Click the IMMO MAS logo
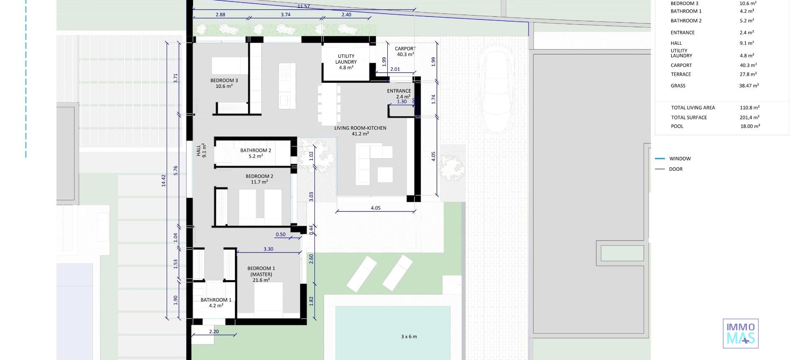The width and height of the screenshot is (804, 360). [x=740, y=334]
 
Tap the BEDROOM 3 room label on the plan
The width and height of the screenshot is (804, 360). [x=224, y=83]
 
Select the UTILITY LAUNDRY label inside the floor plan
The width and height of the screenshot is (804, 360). [x=346, y=62]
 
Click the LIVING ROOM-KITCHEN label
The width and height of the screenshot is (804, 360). [x=360, y=131]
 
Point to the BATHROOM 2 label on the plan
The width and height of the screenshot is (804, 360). [x=255, y=153]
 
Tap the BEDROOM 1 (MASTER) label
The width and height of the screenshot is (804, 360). [x=261, y=274]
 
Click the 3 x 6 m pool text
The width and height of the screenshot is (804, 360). [x=409, y=337]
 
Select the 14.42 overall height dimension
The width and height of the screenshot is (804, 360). [x=164, y=180]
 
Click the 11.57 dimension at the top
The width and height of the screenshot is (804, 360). [x=304, y=6]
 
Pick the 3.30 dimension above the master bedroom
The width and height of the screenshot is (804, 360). [x=268, y=249]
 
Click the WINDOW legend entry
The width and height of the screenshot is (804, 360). [x=680, y=159]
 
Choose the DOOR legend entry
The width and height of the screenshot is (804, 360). [x=675, y=169]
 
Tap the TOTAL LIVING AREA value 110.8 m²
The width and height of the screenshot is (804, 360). [x=750, y=108]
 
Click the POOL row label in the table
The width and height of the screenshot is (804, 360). [x=677, y=126]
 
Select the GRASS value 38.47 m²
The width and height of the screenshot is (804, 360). [x=749, y=85]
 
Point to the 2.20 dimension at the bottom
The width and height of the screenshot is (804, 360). [x=214, y=332]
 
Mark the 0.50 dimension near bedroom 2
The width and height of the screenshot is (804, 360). [x=281, y=234]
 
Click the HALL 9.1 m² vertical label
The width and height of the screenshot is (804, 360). [x=201, y=150]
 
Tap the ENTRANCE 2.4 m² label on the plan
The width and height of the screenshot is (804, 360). [x=399, y=93]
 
